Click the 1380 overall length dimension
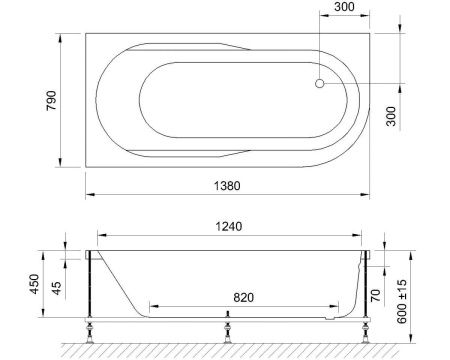click(232, 185)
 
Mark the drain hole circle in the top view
click(320, 86)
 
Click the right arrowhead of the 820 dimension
click(334, 306)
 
